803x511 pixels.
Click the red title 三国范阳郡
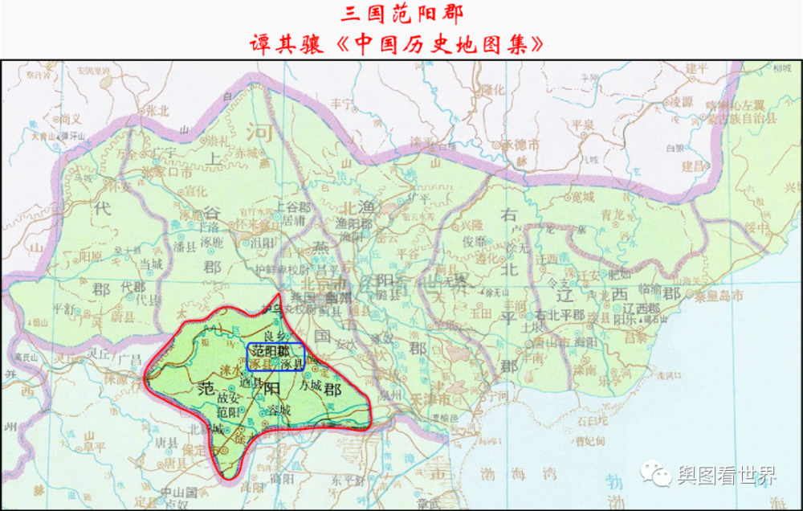click(x=401, y=14)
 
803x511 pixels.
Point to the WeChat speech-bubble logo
click(x=660, y=475)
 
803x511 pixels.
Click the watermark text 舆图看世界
click(x=727, y=476)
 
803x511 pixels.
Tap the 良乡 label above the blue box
click(x=274, y=335)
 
